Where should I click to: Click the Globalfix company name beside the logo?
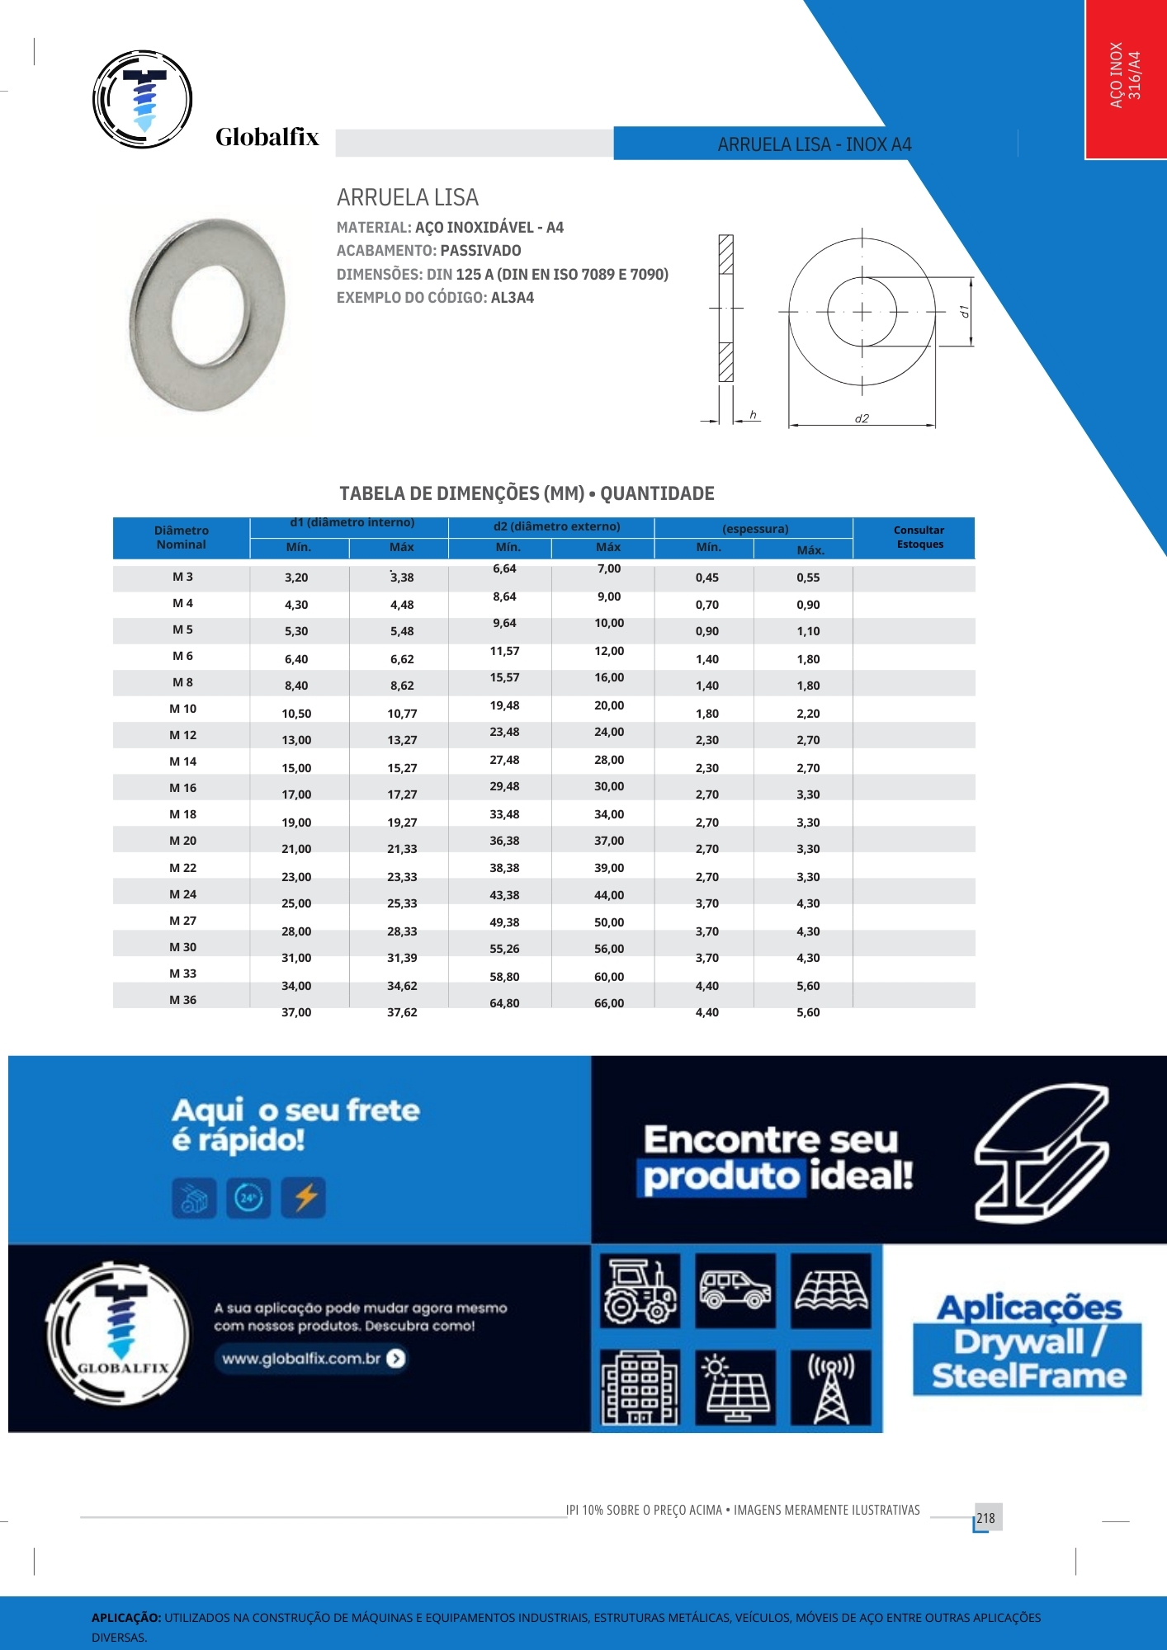pos(267,137)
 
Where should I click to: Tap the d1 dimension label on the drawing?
pos(963,312)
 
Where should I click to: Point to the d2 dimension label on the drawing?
pos(862,418)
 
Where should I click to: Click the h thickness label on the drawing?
pos(753,415)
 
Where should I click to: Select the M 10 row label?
pos(182,709)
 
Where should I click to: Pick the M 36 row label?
pos(182,1000)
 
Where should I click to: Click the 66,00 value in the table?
pos(609,1003)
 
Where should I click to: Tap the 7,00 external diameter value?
pos(609,568)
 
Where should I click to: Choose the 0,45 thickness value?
pos(707,577)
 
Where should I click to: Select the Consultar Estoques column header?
pos(919,537)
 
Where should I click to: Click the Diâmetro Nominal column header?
pos(182,537)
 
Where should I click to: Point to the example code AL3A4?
pos(513,298)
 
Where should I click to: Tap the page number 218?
pos(986,1518)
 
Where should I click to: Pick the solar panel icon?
pos(735,1388)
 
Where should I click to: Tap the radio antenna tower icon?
pos(831,1388)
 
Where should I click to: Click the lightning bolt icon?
pos(305,1197)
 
